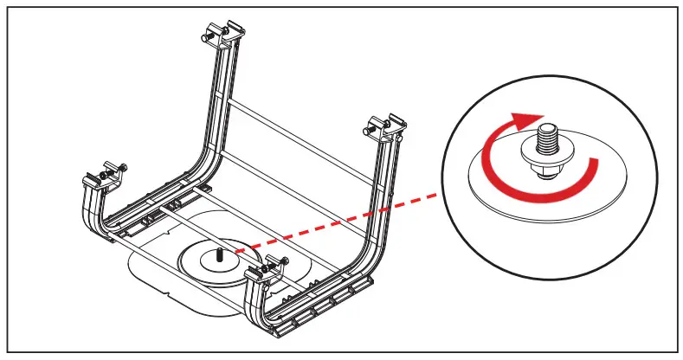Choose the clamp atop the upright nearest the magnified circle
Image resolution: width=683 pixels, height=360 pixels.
pos(385,125)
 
